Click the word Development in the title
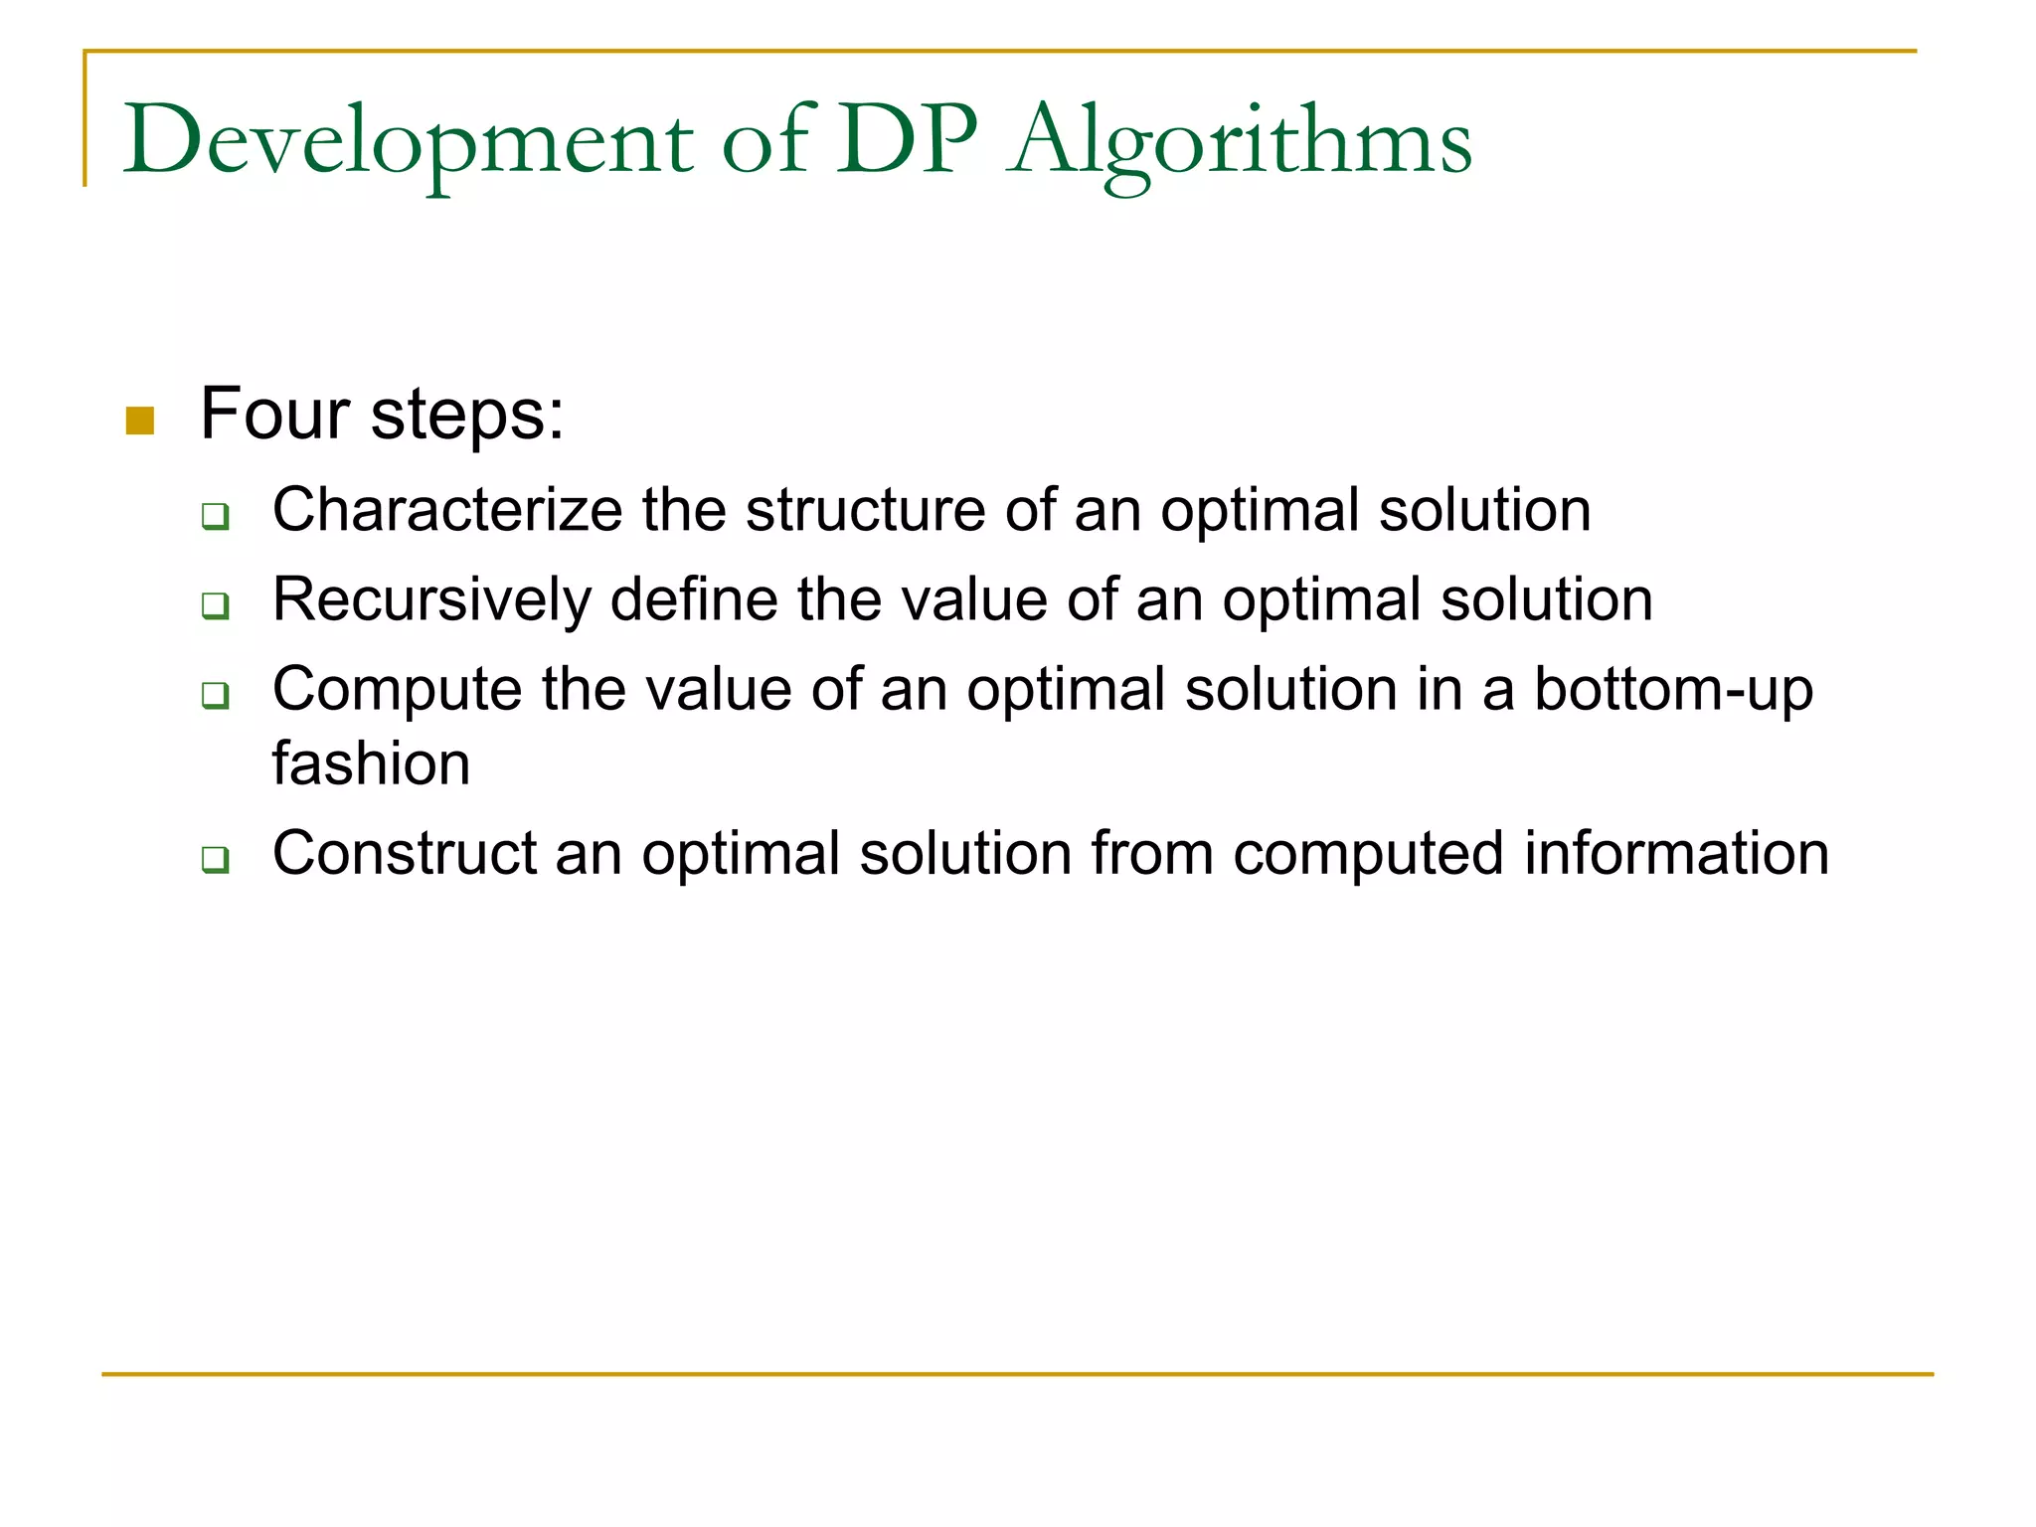point(408,142)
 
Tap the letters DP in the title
point(907,140)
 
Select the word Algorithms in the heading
point(1239,142)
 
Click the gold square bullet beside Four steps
point(140,421)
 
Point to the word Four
point(274,414)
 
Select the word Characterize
point(447,510)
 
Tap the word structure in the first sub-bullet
point(865,510)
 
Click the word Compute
point(397,690)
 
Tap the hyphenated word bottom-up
point(1673,690)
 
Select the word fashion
point(371,764)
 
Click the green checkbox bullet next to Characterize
point(216,516)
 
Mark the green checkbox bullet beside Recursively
point(216,605)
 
